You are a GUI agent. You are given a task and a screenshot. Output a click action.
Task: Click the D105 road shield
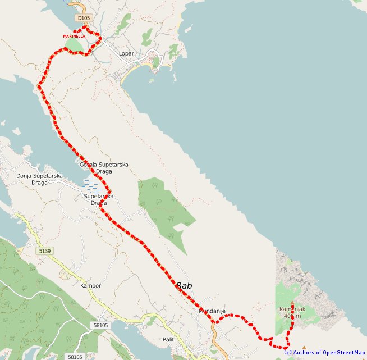[x=84, y=18]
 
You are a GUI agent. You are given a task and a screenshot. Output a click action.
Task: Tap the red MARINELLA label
[x=74, y=36]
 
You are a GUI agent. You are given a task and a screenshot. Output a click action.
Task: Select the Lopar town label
[x=127, y=54]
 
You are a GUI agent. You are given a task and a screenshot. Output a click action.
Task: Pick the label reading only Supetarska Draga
[x=99, y=199]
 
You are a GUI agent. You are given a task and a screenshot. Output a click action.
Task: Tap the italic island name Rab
[x=185, y=286]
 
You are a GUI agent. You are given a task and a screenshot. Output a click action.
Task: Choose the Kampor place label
[x=90, y=285]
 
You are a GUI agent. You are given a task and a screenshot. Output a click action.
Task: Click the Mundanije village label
[x=212, y=311]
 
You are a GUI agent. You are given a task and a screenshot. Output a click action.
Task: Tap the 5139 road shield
[x=46, y=250]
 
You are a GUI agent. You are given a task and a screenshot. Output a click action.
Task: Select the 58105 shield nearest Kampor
[x=101, y=325]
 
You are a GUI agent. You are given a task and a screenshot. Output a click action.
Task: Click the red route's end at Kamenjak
[x=292, y=303]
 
